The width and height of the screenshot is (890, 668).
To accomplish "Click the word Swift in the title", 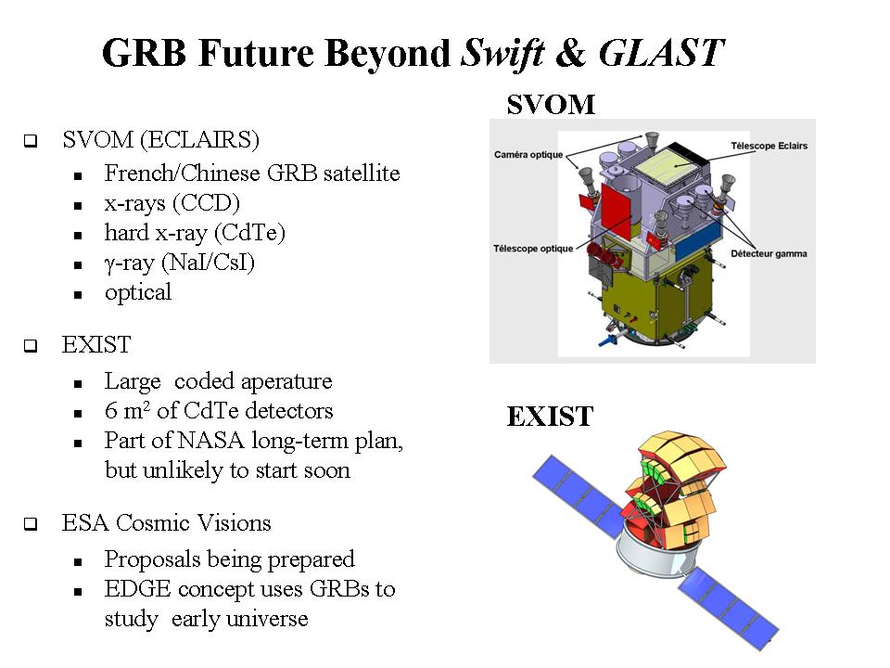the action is click(x=502, y=54).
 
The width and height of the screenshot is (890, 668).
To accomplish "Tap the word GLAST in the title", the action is click(x=662, y=53).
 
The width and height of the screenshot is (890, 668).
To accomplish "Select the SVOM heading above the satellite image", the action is click(x=551, y=105).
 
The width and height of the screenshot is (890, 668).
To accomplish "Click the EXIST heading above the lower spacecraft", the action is click(x=550, y=417).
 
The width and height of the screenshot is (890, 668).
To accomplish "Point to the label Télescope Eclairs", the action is click(x=769, y=146).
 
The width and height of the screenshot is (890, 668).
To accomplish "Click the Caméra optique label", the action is click(x=528, y=155).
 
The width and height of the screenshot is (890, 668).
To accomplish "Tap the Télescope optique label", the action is click(x=533, y=249).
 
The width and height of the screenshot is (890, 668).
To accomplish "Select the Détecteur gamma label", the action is click(x=769, y=253).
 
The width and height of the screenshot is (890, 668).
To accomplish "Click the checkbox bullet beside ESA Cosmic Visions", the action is click(x=31, y=523).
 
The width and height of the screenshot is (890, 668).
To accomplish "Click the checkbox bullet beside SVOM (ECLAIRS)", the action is click(x=31, y=140).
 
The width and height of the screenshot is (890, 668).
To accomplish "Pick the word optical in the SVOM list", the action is click(x=138, y=292).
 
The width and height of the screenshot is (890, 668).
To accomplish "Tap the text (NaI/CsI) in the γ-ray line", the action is click(x=209, y=263).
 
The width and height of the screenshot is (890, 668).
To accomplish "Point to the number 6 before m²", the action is click(x=110, y=411).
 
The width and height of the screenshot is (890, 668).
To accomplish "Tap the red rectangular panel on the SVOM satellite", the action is click(x=617, y=211).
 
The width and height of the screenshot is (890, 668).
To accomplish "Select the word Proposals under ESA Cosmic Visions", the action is click(x=151, y=559).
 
